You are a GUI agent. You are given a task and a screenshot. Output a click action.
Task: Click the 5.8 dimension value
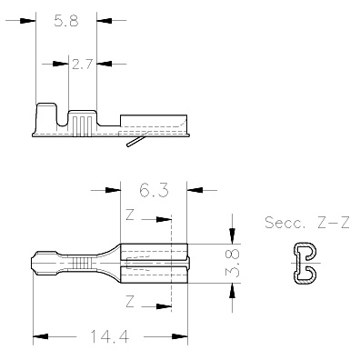coord(66,22)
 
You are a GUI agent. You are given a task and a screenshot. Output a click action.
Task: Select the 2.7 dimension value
coord(82,65)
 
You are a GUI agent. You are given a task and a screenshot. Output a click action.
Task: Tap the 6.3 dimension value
coord(154,191)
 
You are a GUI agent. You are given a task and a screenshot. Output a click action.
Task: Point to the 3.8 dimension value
coord(234,264)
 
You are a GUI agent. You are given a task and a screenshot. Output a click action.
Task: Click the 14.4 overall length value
coord(110,336)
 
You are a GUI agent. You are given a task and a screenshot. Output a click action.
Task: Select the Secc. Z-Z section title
coord(307,223)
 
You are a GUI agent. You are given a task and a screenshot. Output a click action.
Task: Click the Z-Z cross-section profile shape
coord(305,264)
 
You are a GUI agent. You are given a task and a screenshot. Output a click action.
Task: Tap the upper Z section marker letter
coord(130,215)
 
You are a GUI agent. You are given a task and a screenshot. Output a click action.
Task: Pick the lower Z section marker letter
coord(130,302)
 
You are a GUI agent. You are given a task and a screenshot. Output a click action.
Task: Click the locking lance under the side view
coord(135,141)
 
